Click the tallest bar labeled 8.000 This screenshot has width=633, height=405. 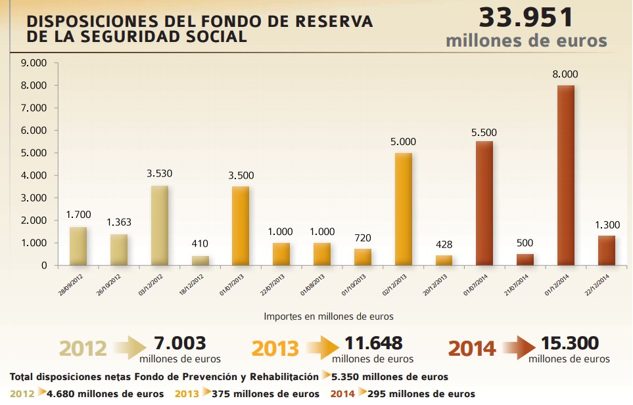[565, 175]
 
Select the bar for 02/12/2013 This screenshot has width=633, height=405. [403, 209]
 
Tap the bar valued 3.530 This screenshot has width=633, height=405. [160, 225]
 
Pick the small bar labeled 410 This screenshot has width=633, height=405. [200, 260]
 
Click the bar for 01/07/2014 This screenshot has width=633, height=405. [484, 203]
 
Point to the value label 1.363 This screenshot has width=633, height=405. [119, 223]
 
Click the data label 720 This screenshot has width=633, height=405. [362, 236]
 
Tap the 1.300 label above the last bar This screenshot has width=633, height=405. [606, 224]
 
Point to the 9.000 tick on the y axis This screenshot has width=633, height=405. [35, 63]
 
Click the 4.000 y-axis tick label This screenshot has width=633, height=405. [35, 175]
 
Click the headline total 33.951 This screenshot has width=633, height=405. [526, 16]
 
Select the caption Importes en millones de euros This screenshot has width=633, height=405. [329, 316]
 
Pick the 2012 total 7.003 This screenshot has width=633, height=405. [180, 343]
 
